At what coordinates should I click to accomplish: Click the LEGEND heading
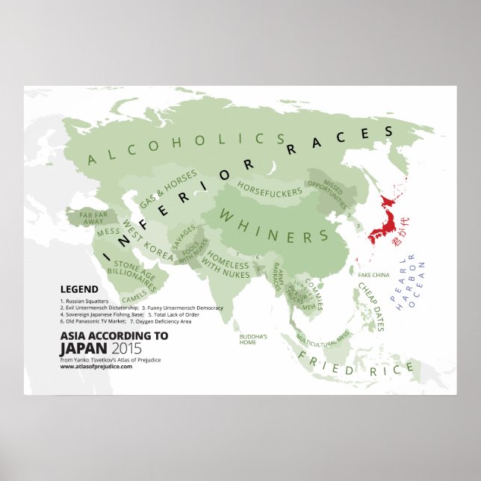pos(78,289)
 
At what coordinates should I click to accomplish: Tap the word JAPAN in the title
pos(83,348)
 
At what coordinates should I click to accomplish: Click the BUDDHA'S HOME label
pos(253,340)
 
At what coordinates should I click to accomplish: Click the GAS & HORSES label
pos(170,189)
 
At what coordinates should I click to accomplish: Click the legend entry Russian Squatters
pos(88,300)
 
